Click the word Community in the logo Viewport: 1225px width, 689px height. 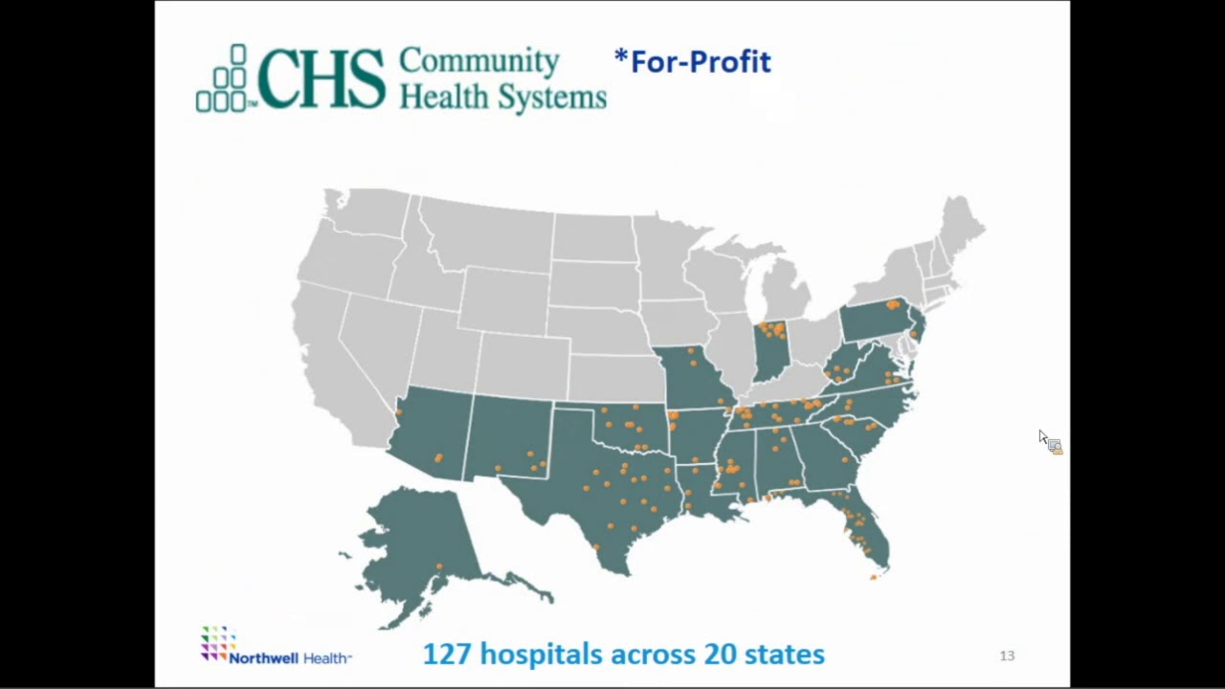[x=479, y=61]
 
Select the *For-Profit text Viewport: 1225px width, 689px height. [x=692, y=61]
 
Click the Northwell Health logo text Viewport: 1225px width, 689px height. [x=290, y=658]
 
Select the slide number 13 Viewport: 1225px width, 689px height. [x=1007, y=656]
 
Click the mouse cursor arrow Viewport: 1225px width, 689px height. [x=1042, y=436]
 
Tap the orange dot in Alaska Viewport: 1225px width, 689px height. [x=439, y=567]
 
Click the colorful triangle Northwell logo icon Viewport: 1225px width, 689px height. [x=217, y=642]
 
